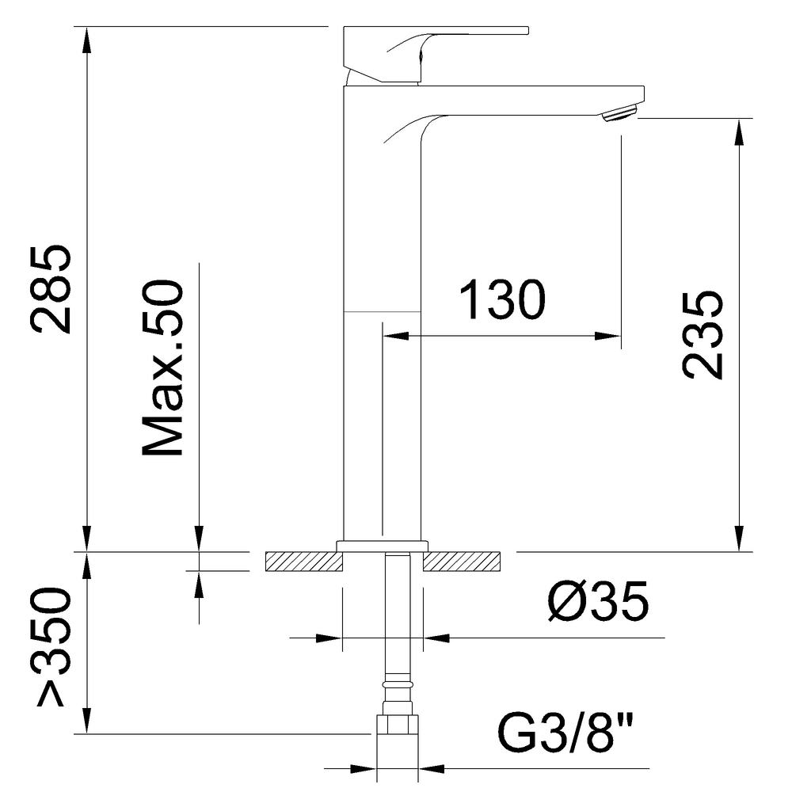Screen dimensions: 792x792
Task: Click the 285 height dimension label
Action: [x=51, y=288]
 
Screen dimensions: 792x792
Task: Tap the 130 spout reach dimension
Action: [x=504, y=300]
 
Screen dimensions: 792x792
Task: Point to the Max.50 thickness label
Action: [x=163, y=368]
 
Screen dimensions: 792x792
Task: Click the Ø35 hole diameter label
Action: [x=599, y=603]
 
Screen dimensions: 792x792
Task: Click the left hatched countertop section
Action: [x=303, y=561]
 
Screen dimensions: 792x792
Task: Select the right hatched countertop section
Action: [x=463, y=561]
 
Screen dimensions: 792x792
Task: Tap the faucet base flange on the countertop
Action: [x=382, y=545]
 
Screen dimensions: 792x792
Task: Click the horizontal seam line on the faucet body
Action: [x=381, y=312]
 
